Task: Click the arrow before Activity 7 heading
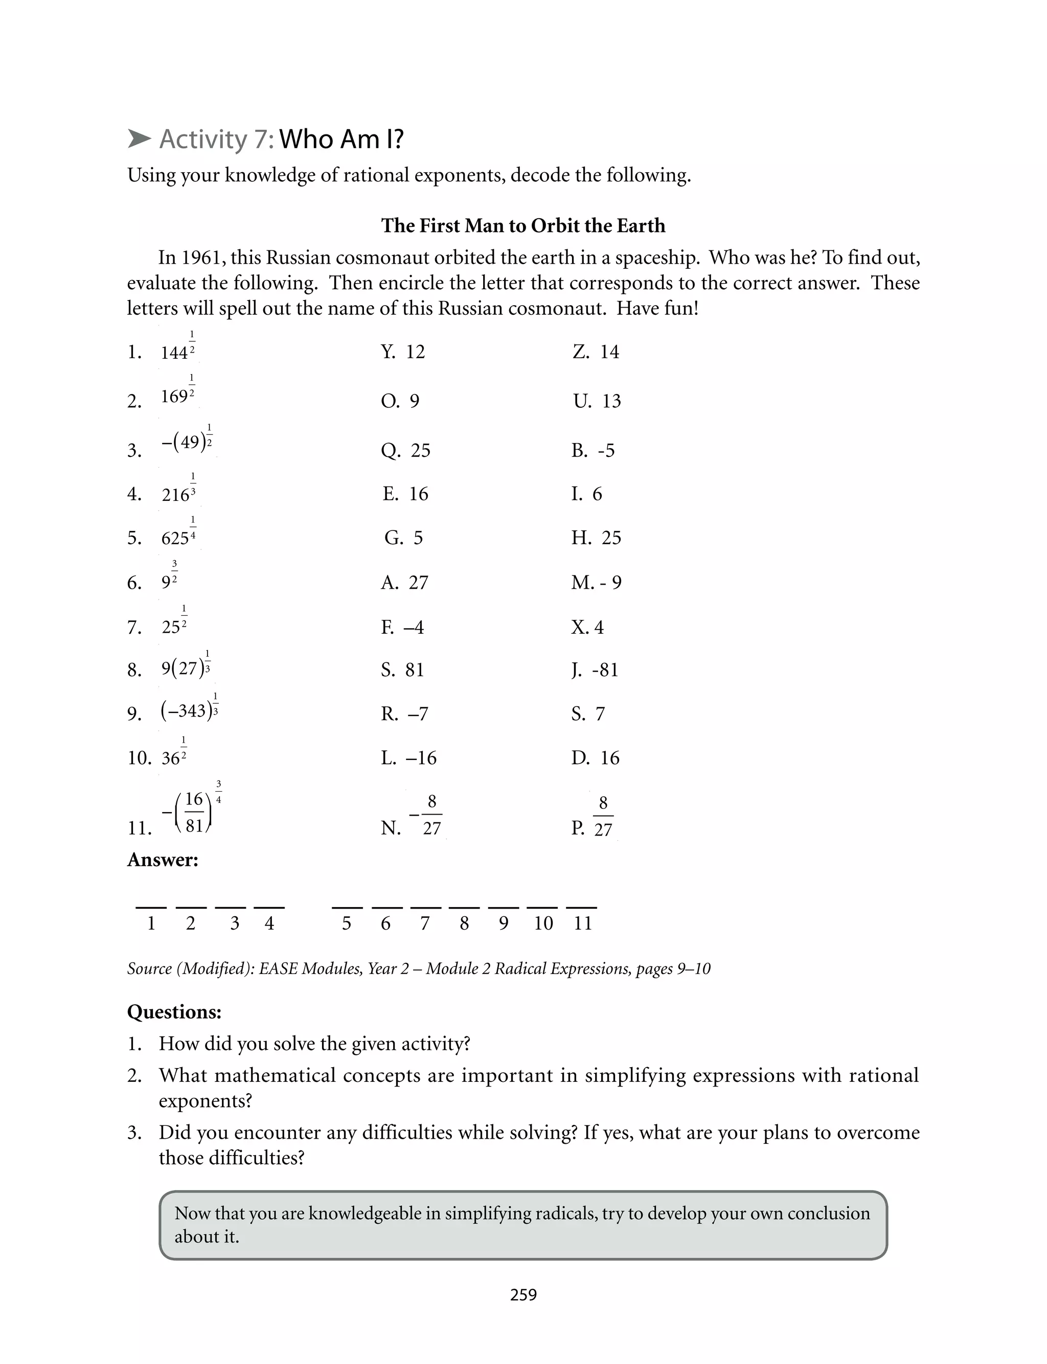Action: click(139, 139)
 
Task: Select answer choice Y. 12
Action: click(403, 352)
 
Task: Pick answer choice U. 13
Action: click(597, 401)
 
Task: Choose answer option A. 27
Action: click(404, 583)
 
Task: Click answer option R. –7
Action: click(404, 714)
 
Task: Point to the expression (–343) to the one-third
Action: click(189, 709)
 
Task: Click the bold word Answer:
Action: click(163, 860)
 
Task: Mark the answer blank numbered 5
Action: click(347, 908)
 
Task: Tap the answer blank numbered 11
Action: click(582, 908)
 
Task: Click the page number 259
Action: click(523, 1295)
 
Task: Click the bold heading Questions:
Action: click(174, 1012)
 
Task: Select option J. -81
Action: click(595, 670)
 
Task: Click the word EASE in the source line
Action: click(277, 968)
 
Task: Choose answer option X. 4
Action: click(587, 627)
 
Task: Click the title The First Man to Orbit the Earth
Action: click(523, 225)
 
